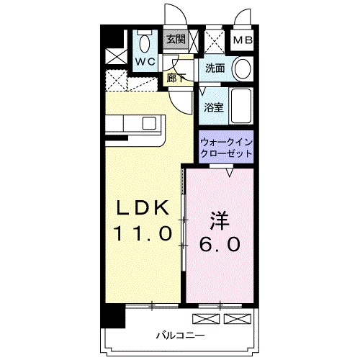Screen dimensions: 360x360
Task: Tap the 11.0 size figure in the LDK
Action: pos(142,233)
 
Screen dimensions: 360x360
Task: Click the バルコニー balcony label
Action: pos(181,336)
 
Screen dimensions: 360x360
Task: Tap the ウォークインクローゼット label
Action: pos(226,148)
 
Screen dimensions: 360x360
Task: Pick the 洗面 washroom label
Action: pos(215,69)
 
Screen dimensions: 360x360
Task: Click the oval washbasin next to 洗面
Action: pos(243,69)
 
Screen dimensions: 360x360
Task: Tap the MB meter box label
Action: pos(242,40)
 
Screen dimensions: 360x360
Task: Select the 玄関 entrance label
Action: pos(176,40)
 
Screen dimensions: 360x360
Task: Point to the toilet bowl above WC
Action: pos(143,41)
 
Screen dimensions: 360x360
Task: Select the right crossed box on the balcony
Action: pos(234,318)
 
